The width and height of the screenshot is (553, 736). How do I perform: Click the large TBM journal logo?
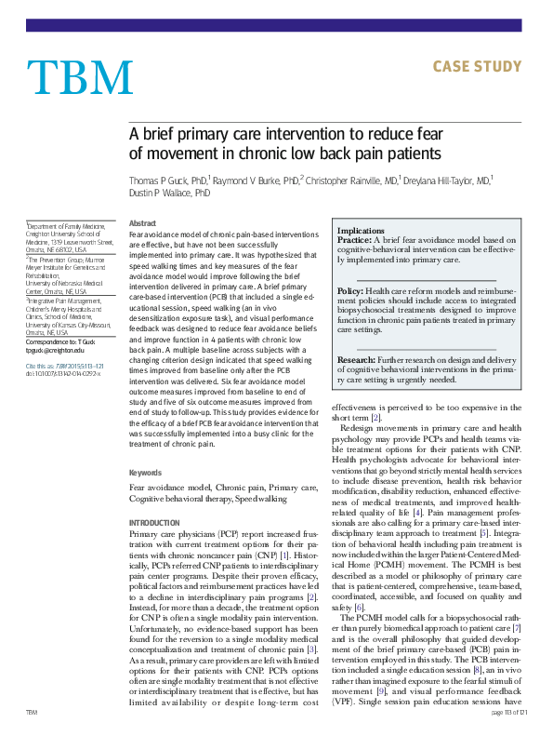pyautogui.click(x=81, y=75)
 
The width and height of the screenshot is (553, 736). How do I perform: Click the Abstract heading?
pyautogui.click(x=142, y=223)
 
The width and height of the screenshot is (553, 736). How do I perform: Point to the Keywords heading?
pyautogui.click(x=145, y=473)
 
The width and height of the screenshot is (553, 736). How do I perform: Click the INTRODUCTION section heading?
pyautogui.click(x=155, y=523)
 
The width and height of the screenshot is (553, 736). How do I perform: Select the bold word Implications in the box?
pyautogui.click(x=361, y=230)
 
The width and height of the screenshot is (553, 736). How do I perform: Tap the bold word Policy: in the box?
pyautogui.click(x=350, y=291)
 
